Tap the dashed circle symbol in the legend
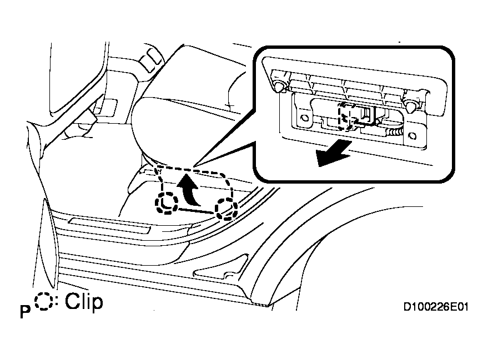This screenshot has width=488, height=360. [44, 302]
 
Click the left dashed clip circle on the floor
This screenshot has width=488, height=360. [167, 204]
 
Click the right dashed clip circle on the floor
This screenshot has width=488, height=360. [227, 209]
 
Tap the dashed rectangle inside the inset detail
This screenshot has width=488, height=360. [348, 116]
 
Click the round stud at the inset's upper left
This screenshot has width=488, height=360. [279, 85]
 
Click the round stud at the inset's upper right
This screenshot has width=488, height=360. [411, 105]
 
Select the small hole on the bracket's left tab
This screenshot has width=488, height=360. [303, 118]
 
